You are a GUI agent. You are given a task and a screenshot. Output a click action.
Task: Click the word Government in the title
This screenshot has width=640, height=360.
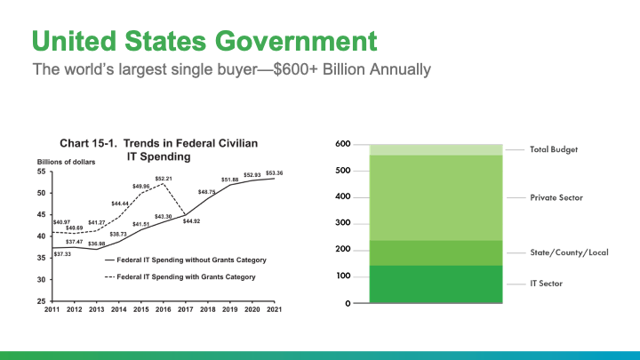(x=296, y=41)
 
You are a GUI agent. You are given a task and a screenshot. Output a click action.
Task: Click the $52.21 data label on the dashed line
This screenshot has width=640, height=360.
(x=164, y=179)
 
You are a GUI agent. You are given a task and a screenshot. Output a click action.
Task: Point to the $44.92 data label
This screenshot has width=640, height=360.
(x=191, y=221)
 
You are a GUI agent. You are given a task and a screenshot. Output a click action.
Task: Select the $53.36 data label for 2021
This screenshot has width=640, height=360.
(x=275, y=173)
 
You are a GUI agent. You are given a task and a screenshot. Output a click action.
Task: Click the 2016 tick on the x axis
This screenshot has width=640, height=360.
(x=164, y=309)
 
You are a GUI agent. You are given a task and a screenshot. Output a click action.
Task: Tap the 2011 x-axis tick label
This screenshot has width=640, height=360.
(x=52, y=309)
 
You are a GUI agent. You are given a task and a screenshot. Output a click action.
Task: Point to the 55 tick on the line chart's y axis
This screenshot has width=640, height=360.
(x=42, y=172)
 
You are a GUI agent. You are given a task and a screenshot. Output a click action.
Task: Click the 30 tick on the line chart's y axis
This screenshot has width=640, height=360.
(x=42, y=280)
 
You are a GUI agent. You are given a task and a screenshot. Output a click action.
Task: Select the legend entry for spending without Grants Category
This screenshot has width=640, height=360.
(x=186, y=260)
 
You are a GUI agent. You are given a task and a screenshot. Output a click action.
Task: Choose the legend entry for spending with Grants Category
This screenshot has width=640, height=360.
(x=180, y=276)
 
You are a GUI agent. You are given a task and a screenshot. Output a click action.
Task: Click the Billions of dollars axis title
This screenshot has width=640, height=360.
(x=66, y=162)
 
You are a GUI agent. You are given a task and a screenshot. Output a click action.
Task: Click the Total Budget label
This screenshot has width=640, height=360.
(x=554, y=150)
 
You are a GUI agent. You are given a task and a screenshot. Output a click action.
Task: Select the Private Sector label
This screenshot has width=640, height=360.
(x=556, y=197)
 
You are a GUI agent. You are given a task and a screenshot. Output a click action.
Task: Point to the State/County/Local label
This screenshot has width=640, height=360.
(x=569, y=252)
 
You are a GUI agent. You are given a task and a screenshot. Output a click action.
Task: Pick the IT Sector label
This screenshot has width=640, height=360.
(x=546, y=284)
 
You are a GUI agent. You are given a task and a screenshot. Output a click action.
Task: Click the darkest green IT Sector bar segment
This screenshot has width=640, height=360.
(x=436, y=284)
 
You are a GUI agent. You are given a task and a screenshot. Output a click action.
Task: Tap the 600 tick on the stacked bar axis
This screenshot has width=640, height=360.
(x=343, y=144)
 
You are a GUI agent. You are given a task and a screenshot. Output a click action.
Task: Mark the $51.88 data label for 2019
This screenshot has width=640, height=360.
(x=230, y=180)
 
